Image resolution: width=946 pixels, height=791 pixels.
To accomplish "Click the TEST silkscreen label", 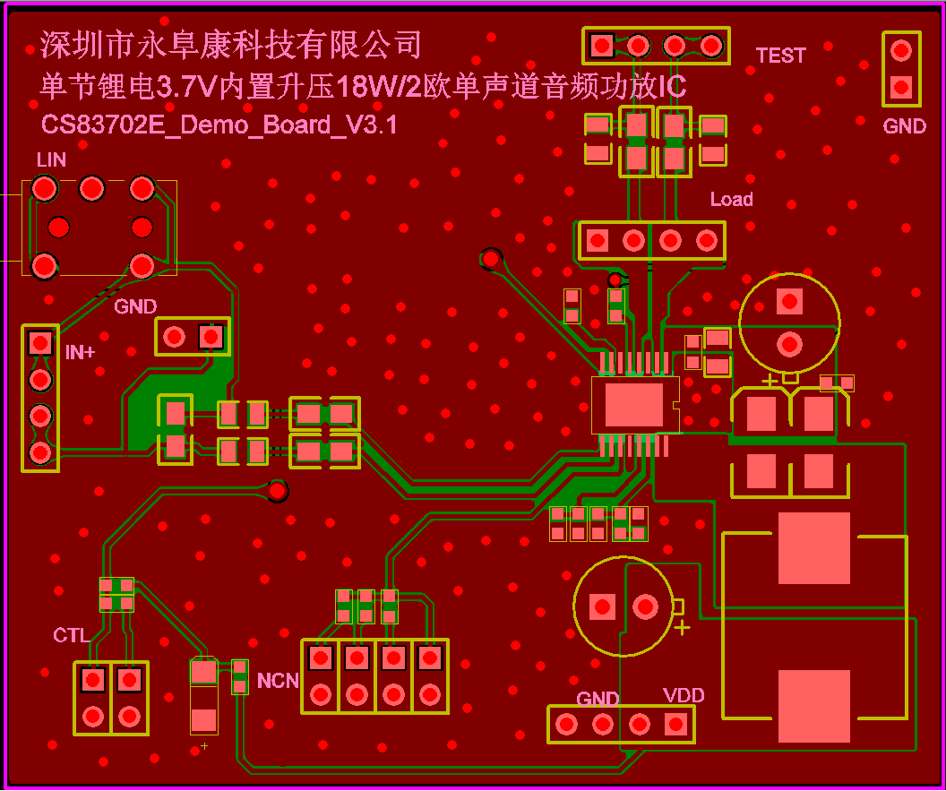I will click(780, 56).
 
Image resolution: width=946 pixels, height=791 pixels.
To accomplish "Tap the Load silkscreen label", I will click(731, 199).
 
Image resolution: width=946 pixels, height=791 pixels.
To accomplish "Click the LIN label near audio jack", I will click(51, 159).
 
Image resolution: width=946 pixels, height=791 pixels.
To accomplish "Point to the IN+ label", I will click(80, 352).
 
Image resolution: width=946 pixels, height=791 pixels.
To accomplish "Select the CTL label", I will click(71, 635).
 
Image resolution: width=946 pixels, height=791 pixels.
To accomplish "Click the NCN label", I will click(278, 681).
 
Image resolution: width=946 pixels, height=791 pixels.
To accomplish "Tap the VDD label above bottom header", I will click(684, 695).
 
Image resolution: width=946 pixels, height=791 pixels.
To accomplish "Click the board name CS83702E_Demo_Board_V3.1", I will click(219, 125).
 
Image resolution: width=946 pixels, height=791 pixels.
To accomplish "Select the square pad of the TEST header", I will click(602, 44).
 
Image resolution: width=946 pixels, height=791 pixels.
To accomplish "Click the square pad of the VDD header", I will click(675, 724).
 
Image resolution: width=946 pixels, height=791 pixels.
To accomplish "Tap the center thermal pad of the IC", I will click(634, 404).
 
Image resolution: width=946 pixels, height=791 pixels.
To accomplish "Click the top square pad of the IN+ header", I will click(39, 342).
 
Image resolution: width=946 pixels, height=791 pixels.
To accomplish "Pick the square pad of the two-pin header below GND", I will click(211, 337).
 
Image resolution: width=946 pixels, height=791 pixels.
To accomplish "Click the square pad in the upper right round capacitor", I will click(789, 301).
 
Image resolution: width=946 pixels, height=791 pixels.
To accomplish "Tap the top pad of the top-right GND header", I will click(901, 51).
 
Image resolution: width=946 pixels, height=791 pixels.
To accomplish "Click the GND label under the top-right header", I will click(904, 126).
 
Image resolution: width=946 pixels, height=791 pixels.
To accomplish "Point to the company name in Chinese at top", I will click(230, 43).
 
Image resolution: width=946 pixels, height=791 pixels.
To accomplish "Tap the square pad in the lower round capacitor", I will click(602, 606).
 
